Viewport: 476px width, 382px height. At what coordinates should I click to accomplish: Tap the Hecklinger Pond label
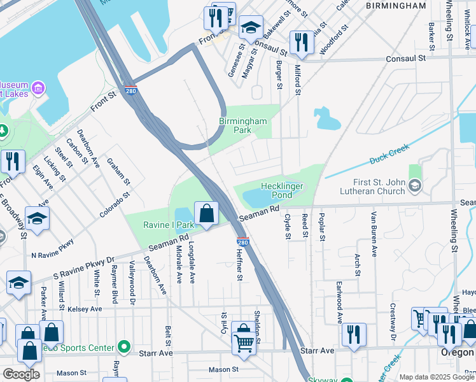[282, 190]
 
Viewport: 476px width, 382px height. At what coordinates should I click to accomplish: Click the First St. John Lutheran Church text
[366, 187]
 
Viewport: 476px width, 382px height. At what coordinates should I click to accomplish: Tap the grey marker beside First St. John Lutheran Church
[415, 186]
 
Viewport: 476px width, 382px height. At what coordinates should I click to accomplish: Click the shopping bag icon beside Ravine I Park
[206, 215]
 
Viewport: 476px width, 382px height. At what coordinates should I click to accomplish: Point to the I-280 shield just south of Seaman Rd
[242, 242]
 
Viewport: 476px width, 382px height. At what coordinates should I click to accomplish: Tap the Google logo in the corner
[21, 374]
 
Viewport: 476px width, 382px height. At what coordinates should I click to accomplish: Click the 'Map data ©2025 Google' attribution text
[437, 377]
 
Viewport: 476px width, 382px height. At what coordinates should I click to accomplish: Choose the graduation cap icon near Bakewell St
[251, 28]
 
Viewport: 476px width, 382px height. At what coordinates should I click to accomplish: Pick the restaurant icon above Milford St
[301, 43]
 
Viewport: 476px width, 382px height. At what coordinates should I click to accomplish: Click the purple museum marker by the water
[38, 87]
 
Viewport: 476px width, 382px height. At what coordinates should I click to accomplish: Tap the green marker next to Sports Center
[123, 348]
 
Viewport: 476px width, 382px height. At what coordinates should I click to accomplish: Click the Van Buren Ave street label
[374, 233]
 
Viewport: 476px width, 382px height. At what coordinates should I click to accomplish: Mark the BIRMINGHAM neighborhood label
[396, 6]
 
